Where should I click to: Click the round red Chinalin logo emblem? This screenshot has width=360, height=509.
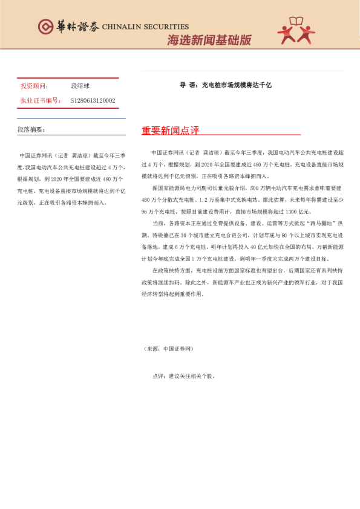click(x=45, y=27)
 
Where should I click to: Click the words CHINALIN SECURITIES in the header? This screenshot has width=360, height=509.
click(x=145, y=27)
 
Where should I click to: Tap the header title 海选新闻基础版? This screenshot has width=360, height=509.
click(x=209, y=41)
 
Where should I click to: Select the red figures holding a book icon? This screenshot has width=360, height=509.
click(x=296, y=31)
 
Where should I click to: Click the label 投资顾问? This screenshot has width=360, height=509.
click(x=35, y=86)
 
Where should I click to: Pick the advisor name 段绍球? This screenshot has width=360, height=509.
click(x=80, y=86)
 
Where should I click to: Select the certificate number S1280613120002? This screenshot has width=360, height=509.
click(x=93, y=100)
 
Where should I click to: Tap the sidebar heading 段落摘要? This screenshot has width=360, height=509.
click(x=31, y=129)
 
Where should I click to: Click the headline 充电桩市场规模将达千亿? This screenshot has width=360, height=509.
click(x=237, y=85)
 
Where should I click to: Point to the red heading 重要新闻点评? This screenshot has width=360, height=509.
click(x=170, y=131)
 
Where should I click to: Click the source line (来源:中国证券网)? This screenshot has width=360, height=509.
click(x=169, y=349)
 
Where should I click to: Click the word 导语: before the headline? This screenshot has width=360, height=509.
click(x=189, y=85)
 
